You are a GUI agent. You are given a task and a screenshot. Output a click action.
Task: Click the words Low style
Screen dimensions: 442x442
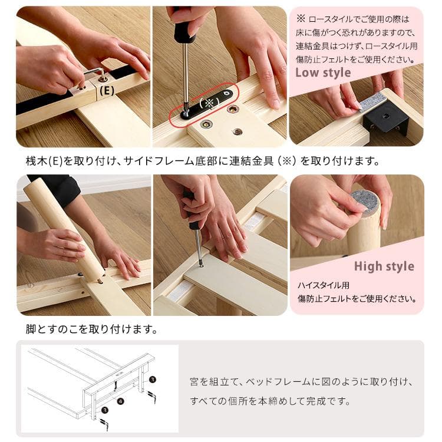coord(322,73)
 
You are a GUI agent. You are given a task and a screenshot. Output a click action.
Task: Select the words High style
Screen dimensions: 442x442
coord(384,266)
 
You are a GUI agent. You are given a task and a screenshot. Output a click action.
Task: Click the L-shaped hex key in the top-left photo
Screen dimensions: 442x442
coord(94,73)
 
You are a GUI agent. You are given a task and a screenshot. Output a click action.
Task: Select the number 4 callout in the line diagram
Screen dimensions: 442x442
coord(120,402)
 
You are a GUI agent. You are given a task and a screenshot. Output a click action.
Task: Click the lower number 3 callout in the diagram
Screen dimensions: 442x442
coord(105,408)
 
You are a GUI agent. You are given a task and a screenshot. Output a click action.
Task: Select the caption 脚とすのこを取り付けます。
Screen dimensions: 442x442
coord(91,329)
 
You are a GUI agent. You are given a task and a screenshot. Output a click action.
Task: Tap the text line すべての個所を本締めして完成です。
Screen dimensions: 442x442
coord(271,401)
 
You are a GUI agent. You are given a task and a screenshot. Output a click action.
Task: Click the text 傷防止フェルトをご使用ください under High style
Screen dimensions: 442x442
coord(356,298)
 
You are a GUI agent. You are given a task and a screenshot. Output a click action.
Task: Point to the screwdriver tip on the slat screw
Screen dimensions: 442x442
coord(201,265)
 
